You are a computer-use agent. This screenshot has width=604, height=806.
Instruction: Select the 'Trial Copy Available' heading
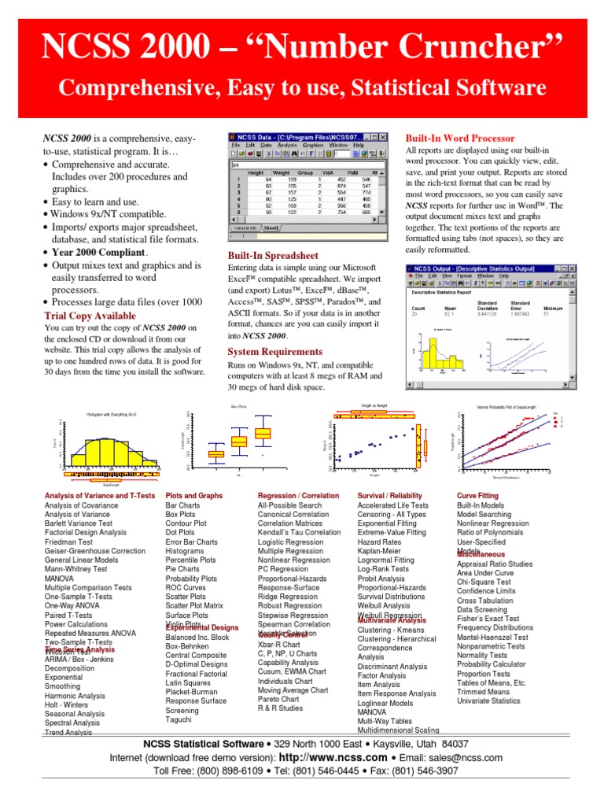coord(90,316)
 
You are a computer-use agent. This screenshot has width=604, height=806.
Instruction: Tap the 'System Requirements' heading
coord(274,351)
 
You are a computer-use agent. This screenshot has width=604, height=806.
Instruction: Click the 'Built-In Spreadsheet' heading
coord(273,255)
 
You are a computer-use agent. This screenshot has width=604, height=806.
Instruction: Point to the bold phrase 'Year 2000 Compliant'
coord(99,252)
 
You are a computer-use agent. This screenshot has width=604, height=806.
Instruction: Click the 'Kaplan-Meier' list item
coord(379,552)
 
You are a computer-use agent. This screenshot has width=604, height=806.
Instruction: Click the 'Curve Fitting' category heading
coord(477,495)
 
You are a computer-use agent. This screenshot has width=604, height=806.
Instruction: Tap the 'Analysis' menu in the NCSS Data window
coord(287,145)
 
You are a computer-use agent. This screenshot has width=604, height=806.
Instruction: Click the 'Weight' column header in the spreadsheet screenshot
coord(282,172)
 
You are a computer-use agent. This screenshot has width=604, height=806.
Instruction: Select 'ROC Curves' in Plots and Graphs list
coord(186,587)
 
